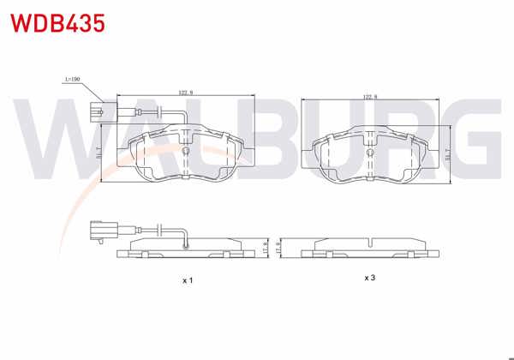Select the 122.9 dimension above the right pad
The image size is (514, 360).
pos(369,97)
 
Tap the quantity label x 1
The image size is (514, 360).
pos(188,280)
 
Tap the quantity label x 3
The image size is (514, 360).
pos(370,278)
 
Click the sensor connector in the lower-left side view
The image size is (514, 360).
pos(100,231)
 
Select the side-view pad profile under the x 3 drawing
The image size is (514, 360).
pos(370,249)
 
